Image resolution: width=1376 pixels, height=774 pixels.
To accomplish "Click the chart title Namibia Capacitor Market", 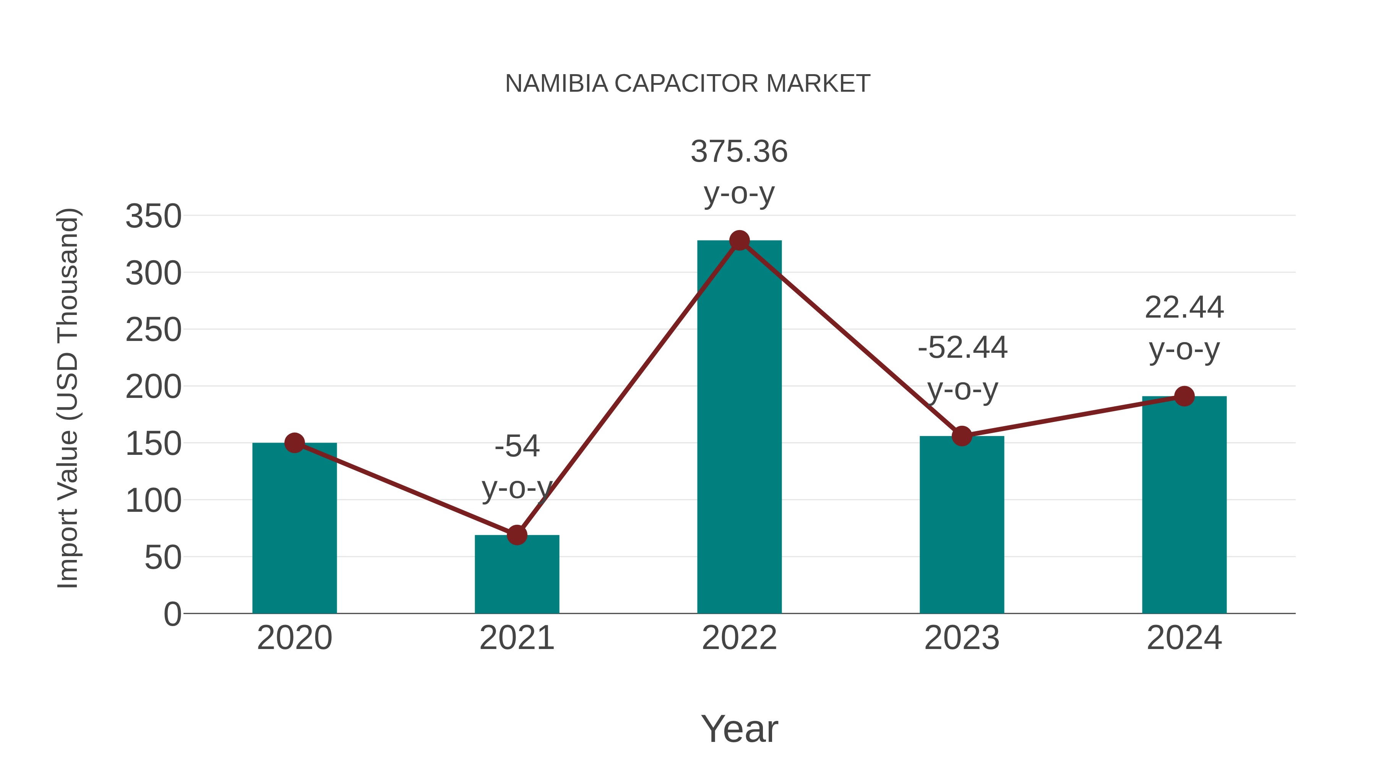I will (688, 84).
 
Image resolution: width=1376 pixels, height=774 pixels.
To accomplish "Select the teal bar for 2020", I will (294, 529).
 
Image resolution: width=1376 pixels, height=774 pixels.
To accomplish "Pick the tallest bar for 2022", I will (739, 427).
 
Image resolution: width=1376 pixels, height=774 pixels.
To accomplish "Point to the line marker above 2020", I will (294, 443).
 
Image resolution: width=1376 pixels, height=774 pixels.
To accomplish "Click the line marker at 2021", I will (516, 535).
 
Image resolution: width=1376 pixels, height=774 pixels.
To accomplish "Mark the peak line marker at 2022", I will (739, 241).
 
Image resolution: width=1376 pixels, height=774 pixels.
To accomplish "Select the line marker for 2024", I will (1184, 396).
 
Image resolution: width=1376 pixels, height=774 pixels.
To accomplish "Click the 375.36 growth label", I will (739, 152).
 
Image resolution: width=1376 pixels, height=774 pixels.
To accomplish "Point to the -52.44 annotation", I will (962, 348).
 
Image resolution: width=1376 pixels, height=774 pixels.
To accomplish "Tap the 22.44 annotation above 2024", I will (1184, 308).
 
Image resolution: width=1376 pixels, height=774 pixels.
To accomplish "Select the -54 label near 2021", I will (516, 446).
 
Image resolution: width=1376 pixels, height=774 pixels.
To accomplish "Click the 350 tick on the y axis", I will (153, 216).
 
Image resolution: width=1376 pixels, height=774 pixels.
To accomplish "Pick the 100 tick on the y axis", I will (153, 501).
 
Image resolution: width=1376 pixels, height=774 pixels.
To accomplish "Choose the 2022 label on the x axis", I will (739, 638).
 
